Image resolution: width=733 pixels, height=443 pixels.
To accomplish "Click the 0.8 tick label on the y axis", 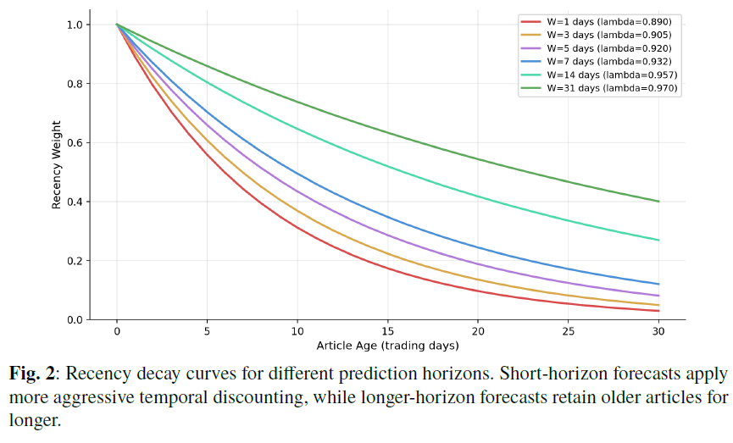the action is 75,84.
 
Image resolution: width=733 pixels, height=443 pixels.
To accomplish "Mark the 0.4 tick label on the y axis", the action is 75,202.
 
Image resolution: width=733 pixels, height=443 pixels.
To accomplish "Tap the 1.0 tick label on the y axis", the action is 75,25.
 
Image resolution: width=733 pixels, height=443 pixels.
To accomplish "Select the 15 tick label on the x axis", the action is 387,331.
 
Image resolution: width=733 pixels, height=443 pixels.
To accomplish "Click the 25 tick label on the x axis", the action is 568,331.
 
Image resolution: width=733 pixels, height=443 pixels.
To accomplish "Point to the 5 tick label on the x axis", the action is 207,331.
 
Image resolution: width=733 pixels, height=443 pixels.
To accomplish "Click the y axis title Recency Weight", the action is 57,164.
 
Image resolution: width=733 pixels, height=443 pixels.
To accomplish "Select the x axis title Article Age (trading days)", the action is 387,346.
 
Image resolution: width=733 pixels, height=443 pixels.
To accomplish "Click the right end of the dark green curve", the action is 658,202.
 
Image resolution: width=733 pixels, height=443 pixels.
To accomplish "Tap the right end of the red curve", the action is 658,311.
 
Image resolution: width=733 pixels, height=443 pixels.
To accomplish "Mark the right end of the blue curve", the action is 658,284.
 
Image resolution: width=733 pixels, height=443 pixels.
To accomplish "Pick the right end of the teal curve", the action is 658,241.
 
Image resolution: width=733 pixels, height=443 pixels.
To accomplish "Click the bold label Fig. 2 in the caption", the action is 32,374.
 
